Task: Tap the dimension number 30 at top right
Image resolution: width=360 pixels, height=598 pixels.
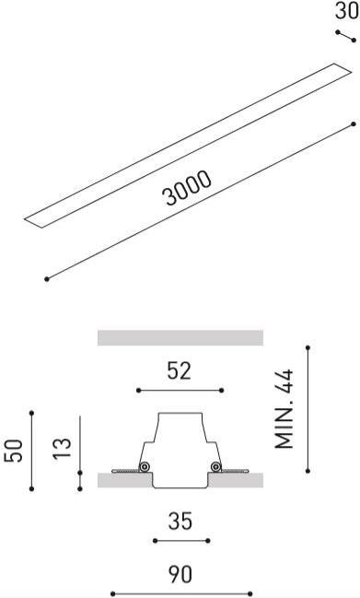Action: tap(346, 11)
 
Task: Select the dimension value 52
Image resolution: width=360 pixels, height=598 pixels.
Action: tap(180, 370)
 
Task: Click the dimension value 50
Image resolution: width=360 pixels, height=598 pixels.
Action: tap(14, 451)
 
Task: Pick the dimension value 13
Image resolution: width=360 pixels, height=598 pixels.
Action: tap(63, 450)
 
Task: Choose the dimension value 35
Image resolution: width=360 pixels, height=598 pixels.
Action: tap(180, 522)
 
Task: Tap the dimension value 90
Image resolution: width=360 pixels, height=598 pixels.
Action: tap(180, 575)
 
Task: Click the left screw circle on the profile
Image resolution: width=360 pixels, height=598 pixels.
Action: tap(145, 467)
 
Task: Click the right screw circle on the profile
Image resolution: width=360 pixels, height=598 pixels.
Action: tap(215, 467)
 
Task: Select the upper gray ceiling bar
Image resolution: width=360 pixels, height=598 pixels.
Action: tap(180, 337)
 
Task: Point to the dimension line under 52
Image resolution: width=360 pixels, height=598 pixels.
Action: tap(180, 391)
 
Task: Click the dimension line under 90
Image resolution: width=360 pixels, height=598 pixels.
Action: tap(180, 593)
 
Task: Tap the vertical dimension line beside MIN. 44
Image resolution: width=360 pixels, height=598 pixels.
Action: tap(308, 409)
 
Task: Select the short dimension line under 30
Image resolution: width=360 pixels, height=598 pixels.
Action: tap(345, 36)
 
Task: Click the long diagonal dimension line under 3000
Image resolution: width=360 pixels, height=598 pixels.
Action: tap(200, 200)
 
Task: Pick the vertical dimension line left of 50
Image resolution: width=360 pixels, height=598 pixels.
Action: tap(31, 451)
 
